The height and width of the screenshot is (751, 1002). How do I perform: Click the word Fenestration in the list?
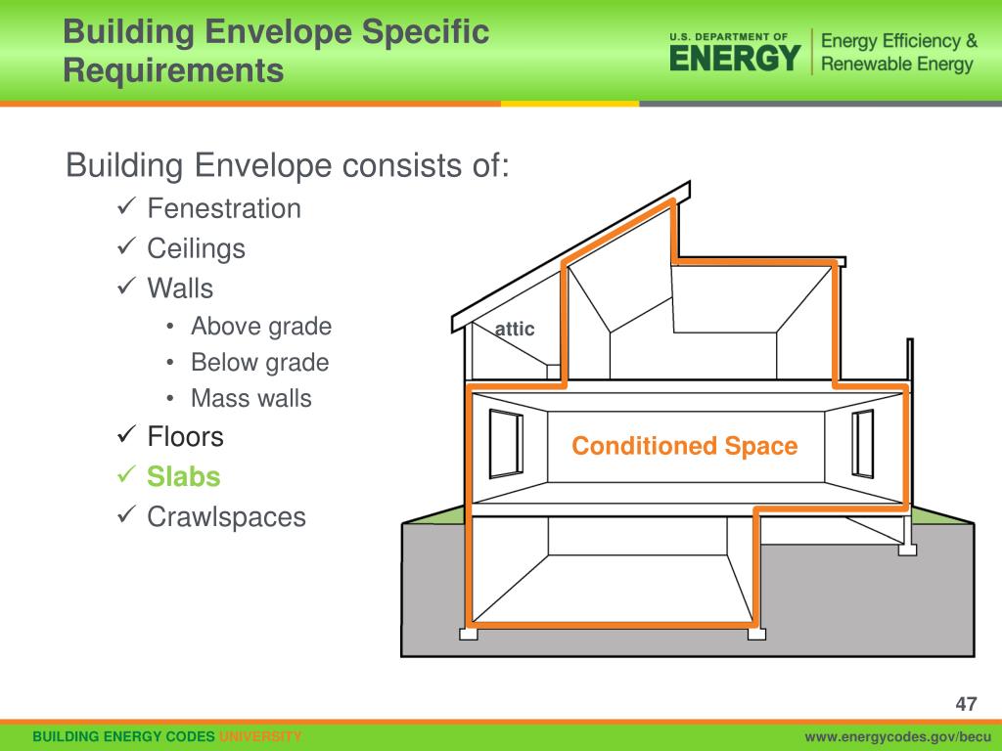[x=224, y=208]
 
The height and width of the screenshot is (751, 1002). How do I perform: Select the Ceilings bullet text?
[x=196, y=248]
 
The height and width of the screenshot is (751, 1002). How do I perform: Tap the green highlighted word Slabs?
[x=184, y=477]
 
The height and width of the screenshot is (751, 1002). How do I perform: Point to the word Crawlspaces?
[x=226, y=517]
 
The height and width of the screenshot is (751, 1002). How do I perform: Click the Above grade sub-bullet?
[x=261, y=327]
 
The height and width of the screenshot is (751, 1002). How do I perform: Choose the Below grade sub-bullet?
[x=259, y=363]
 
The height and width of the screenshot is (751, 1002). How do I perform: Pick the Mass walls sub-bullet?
[x=251, y=399]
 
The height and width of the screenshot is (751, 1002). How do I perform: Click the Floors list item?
[x=185, y=437]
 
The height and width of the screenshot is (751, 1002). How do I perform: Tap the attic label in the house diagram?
[x=515, y=330]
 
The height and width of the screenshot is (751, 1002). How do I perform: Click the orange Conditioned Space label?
[x=685, y=447]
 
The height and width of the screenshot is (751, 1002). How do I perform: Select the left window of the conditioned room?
[x=507, y=443]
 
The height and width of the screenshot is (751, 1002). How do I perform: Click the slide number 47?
[x=967, y=704]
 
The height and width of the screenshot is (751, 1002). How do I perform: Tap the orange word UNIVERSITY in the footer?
[x=259, y=736]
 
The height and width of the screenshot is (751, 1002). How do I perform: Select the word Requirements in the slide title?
[x=174, y=70]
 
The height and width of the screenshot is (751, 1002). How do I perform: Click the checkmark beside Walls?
[x=126, y=287]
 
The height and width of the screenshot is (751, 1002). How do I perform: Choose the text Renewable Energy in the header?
[x=896, y=65]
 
